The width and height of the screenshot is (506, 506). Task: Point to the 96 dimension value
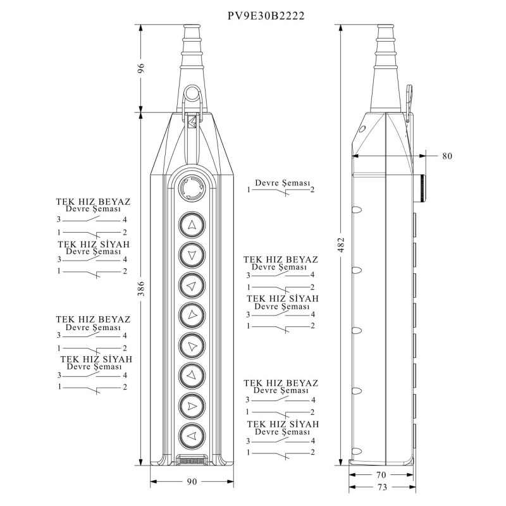click(x=142, y=69)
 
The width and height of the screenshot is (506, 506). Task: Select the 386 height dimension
click(x=142, y=289)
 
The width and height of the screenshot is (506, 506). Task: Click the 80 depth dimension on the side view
click(x=447, y=156)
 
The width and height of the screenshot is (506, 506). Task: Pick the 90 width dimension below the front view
click(x=192, y=482)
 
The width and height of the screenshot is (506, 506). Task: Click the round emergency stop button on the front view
click(x=191, y=188)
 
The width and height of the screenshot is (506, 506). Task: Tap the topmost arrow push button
click(x=192, y=224)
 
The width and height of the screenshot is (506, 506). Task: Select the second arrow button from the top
click(x=192, y=254)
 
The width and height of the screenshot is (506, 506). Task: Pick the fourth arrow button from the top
click(x=192, y=314)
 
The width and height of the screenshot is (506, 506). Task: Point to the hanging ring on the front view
click(x=191, y=96)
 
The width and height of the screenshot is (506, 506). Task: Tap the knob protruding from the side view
click(x=421, y=188)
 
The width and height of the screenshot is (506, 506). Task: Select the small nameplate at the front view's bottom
click(x=192, y=461)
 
